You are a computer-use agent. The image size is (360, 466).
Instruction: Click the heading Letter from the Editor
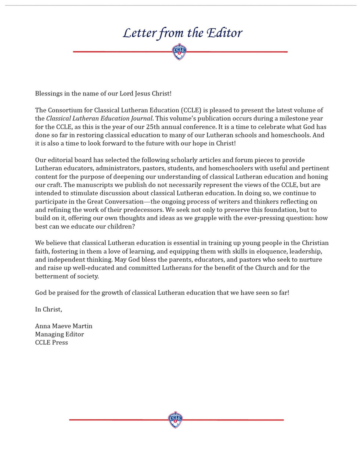pyautogui.click(x=183, y=33)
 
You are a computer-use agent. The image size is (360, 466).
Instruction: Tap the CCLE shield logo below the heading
pyautogui.click(x=179, y=52)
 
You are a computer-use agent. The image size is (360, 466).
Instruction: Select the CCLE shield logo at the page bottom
pyautogui.click(x=175, y=419)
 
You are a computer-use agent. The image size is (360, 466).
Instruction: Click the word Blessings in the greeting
pyautogui.click(x=48, y=93)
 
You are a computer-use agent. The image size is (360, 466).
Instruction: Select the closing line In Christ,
pyautogui.click(x=48, y=309)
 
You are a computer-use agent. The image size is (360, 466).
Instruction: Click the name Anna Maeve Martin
pyautogui.click(x=64, y=326)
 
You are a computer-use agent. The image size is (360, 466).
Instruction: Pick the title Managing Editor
pyautogui.click(x=60, y=334)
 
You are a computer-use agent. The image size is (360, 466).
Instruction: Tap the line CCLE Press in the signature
pyautogui.click(x=51, y=343)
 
